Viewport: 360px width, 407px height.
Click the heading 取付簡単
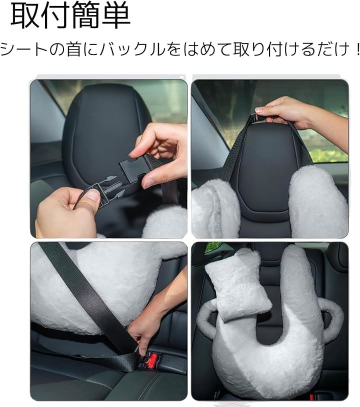[x=70, y=16]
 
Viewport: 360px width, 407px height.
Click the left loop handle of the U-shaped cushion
[x=207, y=319]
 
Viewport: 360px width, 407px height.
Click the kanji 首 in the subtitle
[x=73, y=49]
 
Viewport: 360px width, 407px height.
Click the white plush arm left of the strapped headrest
[x=215, y=207]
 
